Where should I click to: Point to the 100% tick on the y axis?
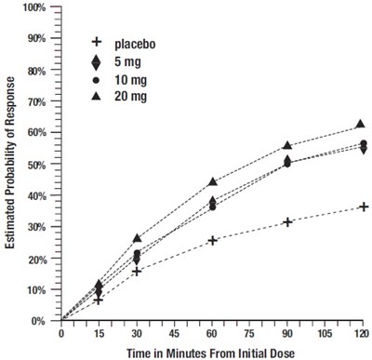[33, 7]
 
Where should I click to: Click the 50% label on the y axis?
[35, 165]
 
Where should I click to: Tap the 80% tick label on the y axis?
[35, 71]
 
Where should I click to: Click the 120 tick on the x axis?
[363, 332]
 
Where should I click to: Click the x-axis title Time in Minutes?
[212, 352]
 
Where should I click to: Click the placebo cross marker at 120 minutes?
[363, 207]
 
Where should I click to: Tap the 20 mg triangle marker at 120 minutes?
[363, 125]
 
